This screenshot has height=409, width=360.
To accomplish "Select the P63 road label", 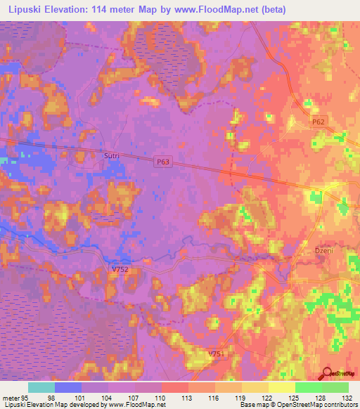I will [163, 161].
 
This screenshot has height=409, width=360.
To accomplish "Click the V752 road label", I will [120, 270].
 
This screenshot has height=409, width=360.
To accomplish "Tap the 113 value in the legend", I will [187, 397].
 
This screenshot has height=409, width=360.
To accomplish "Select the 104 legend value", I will [107, 397].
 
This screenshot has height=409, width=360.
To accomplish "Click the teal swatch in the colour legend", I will [41, 387].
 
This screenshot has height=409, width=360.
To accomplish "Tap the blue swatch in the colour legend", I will [68, 387].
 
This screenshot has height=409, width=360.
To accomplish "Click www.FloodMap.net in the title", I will [228, 9].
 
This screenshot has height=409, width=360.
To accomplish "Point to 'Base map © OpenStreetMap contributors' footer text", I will [296, 405].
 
